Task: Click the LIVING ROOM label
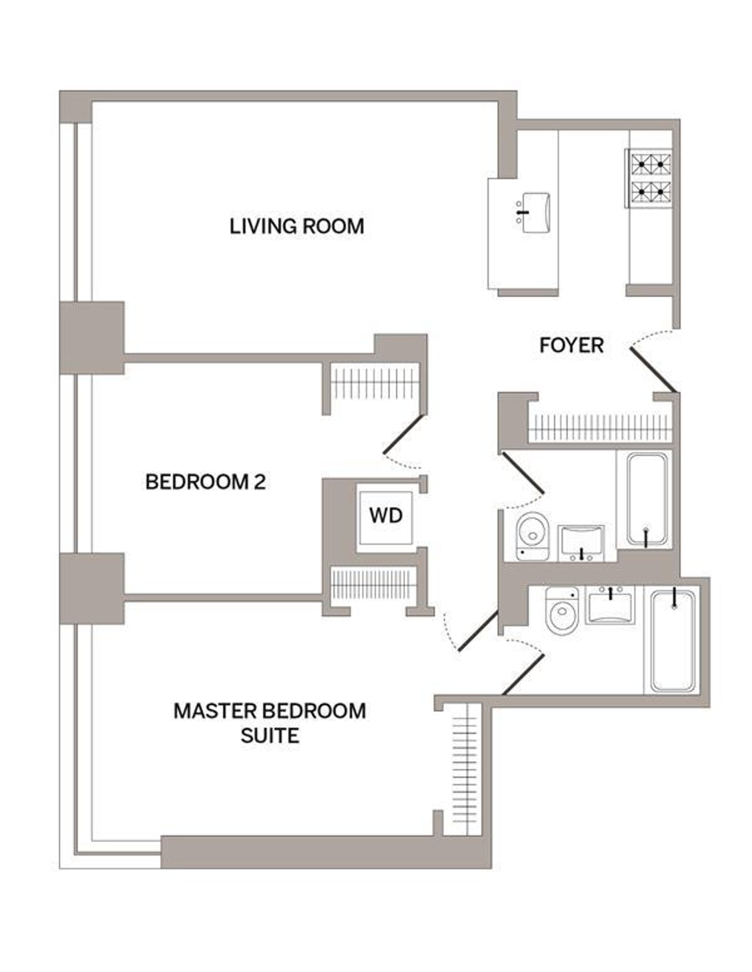(296, 226)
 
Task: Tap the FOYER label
(572, 345)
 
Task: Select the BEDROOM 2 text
(206, 482)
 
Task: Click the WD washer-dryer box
(385, 517)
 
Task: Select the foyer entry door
(653, 370)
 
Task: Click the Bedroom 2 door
(402, 434)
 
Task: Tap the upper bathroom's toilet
(532, 536)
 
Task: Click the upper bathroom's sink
(581, 543)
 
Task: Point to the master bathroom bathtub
(672, 641)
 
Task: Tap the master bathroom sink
(610, 605)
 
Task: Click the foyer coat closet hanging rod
(600, 428)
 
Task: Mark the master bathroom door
(523, 675)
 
